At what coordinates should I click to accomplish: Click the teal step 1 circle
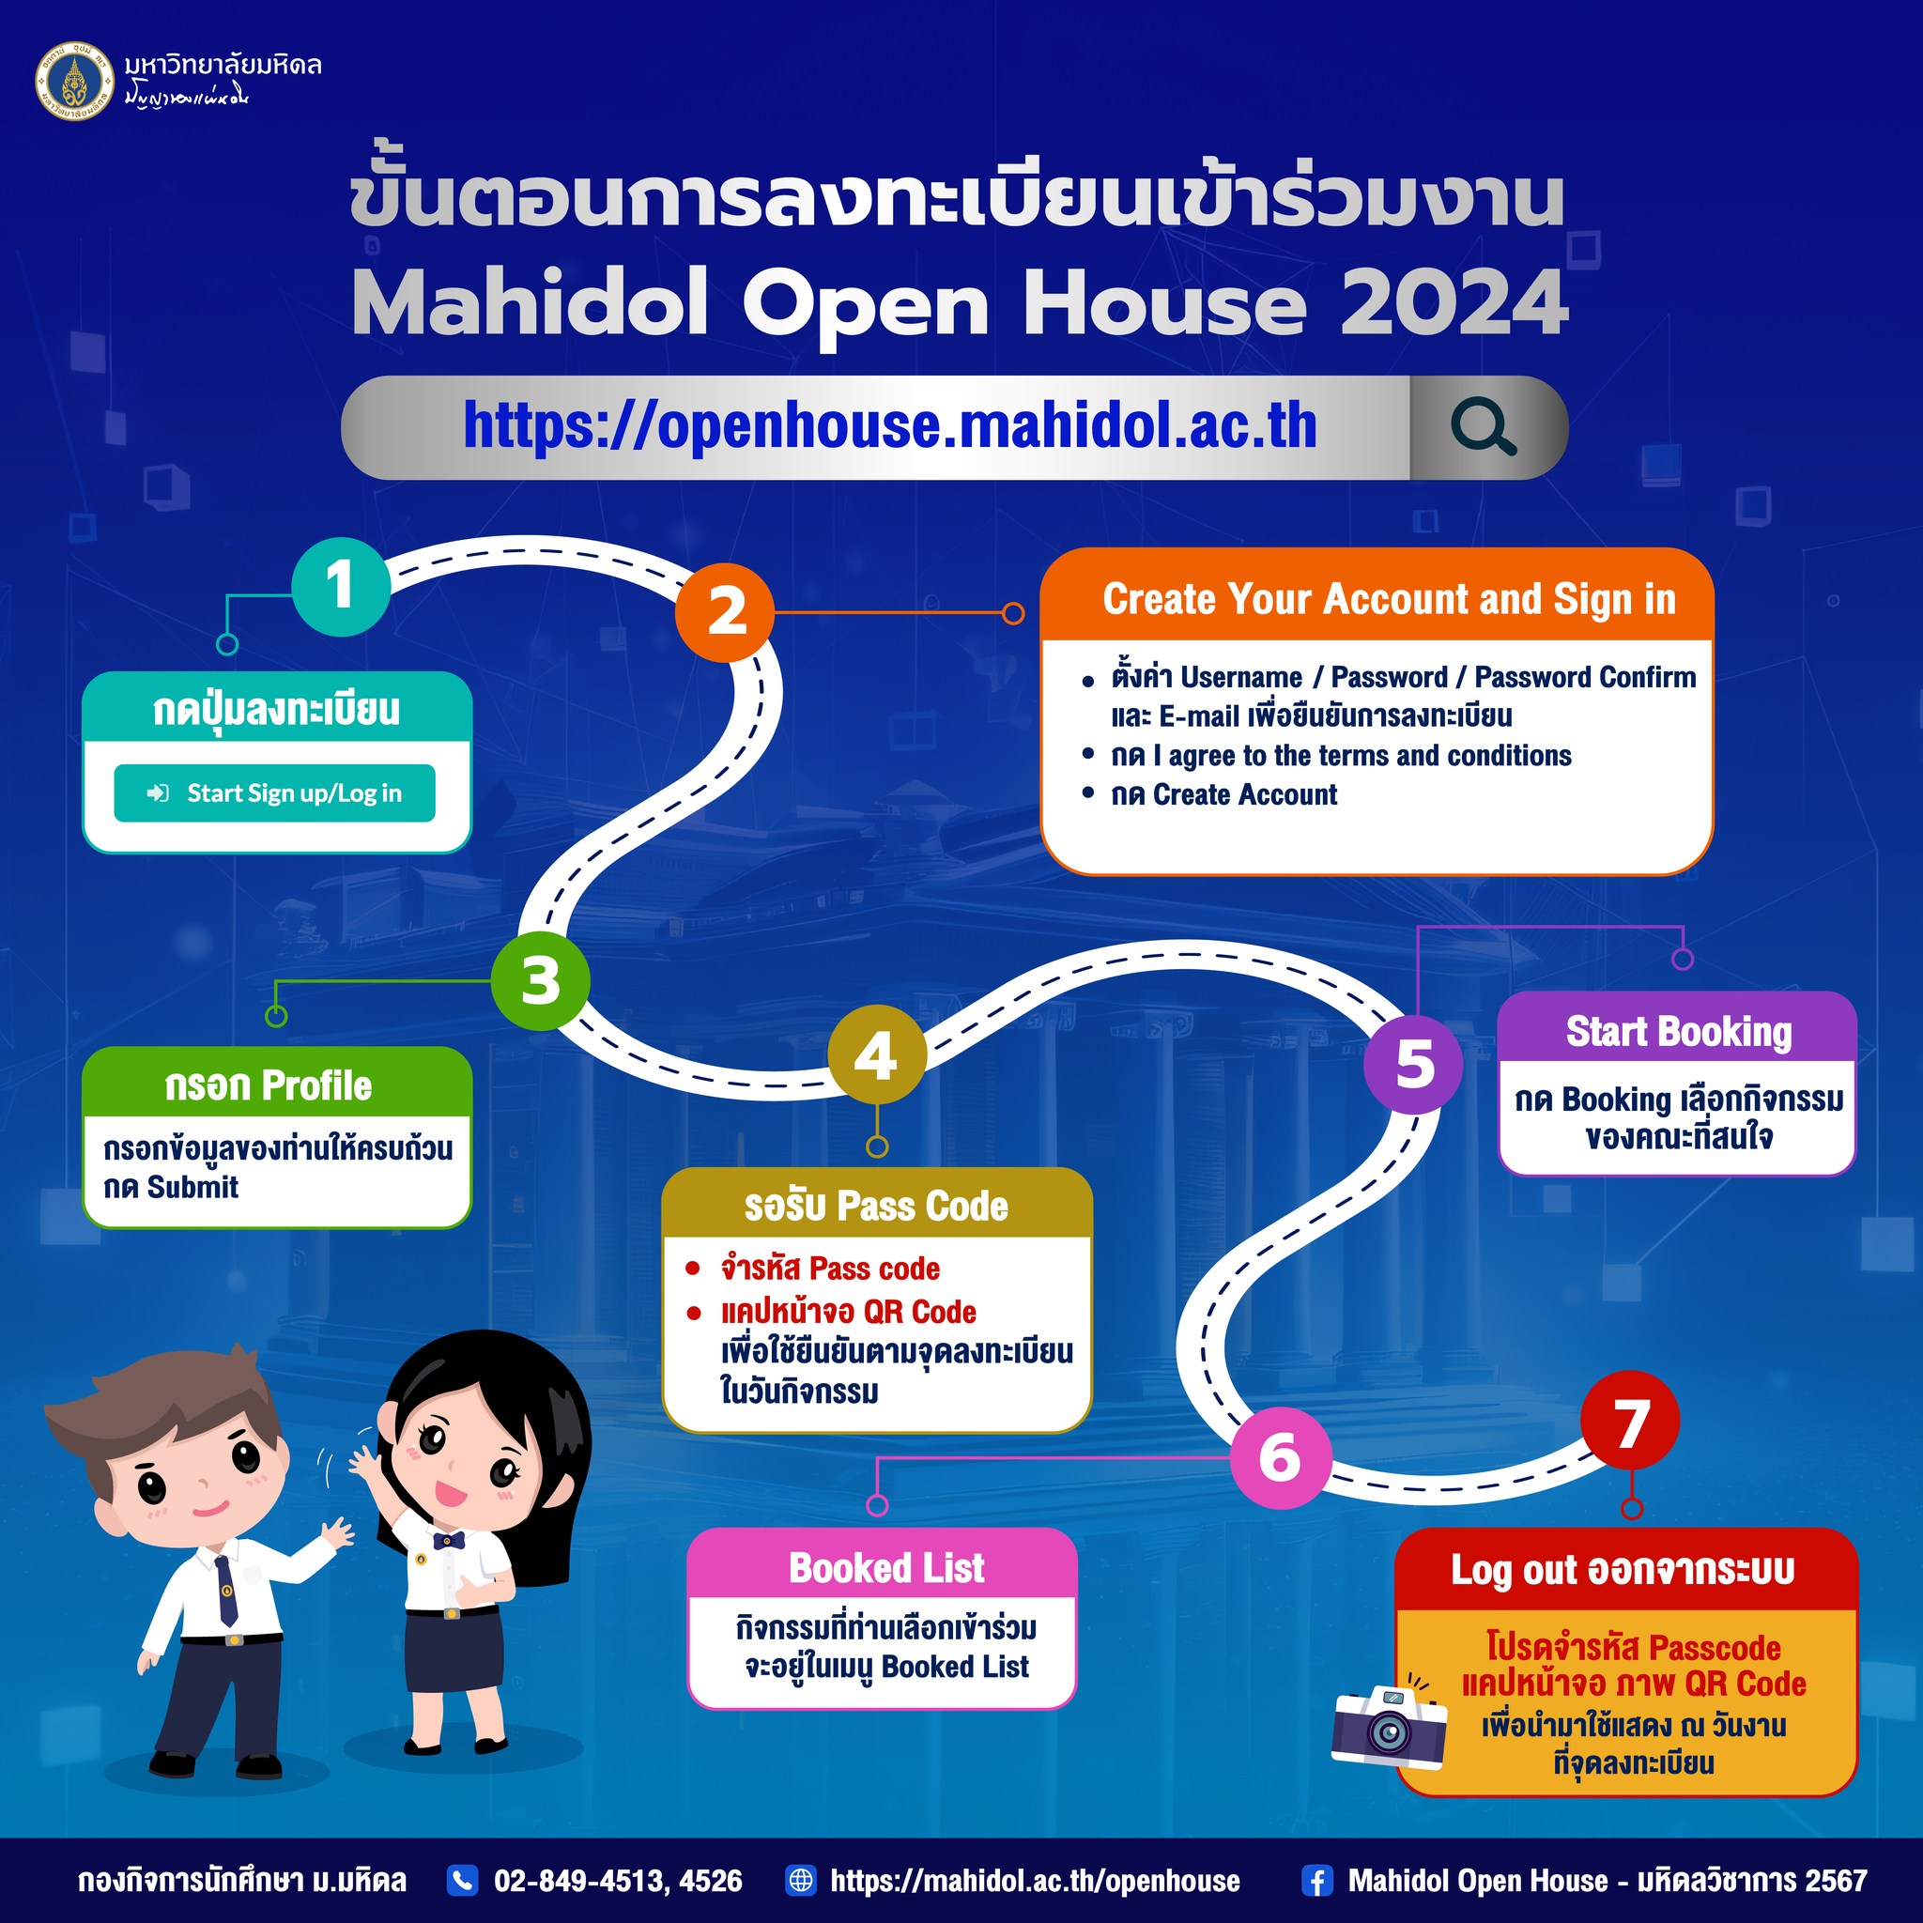[x=341, y=586]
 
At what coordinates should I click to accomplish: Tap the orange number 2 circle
[x=725, y=612]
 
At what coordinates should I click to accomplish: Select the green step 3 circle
[x=541, y=981]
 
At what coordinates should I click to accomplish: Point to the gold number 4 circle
[x=877, y=1055]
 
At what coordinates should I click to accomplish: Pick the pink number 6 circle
[x=1280, y=1459]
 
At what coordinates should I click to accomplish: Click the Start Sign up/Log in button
[x=275, y=793]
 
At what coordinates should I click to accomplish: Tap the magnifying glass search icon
[x=1483, y=427]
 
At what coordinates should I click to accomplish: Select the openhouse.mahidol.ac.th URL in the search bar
[x=890, y=426]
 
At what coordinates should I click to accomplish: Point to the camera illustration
[x=1390, y=1726]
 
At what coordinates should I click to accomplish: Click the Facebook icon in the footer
[x=1315, y=1880]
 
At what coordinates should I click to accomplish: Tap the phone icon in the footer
[x=462, y=1879]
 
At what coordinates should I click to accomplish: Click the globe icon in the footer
[x=800, y=1879]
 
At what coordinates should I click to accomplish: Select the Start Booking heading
[x=1678, y=1031]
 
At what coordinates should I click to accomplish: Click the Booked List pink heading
[x=885, y=1568]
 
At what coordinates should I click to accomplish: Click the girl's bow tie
[x=448, y=1541]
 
